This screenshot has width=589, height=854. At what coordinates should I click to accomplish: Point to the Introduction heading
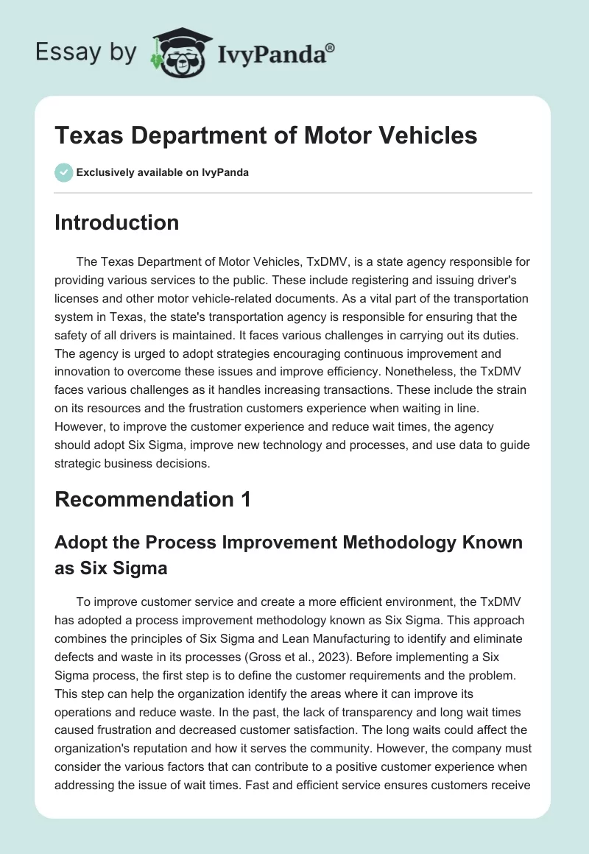tap(116, 222)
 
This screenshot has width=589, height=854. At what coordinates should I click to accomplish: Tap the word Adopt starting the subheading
tap(79, 542)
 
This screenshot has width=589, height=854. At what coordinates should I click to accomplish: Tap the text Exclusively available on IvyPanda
tap(163, 172)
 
